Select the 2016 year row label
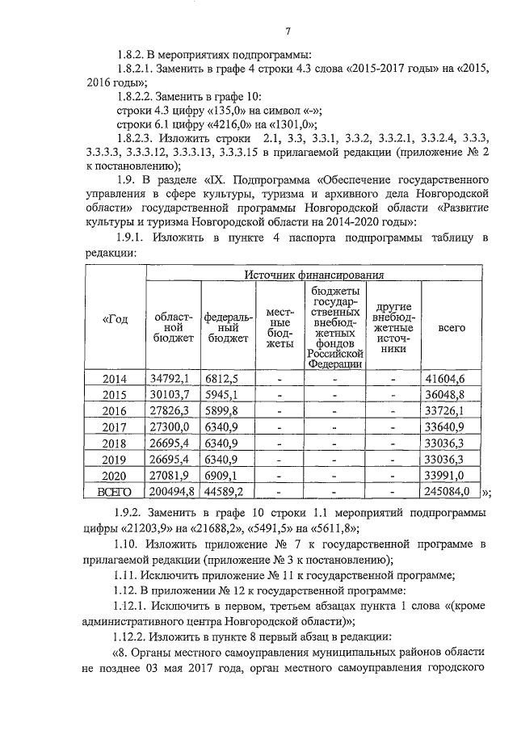[116, 410]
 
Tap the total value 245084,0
[450, 491]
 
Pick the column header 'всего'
[451, 329]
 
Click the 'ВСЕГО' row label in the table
[115, 491]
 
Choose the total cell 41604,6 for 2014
[450, 378]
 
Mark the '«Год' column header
[115, 321]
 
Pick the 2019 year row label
[116, 459]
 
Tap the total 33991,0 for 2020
[450, 475]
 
